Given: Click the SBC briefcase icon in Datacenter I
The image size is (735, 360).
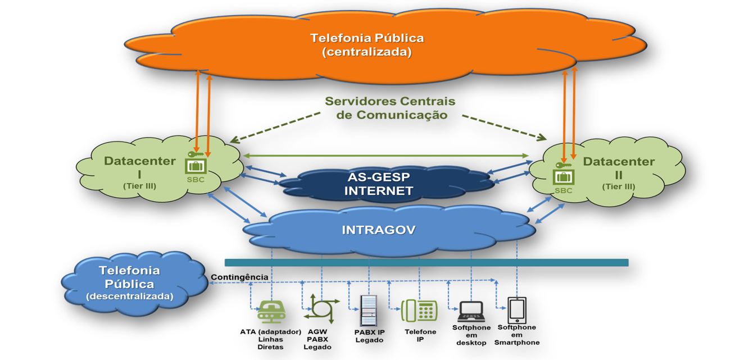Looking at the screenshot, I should tap(196, 166).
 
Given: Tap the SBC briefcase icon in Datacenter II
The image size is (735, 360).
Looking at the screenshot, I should tap(563, 176).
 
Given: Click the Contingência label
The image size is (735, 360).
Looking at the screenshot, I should tap(239, 277).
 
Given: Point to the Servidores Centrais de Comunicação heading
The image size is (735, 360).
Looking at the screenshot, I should tap(390, 108).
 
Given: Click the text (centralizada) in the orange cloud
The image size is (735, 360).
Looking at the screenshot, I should tap(366, 52).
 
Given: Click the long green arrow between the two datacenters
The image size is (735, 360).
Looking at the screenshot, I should tap(385, 155).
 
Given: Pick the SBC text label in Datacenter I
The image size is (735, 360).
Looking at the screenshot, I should tap(196, 180).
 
